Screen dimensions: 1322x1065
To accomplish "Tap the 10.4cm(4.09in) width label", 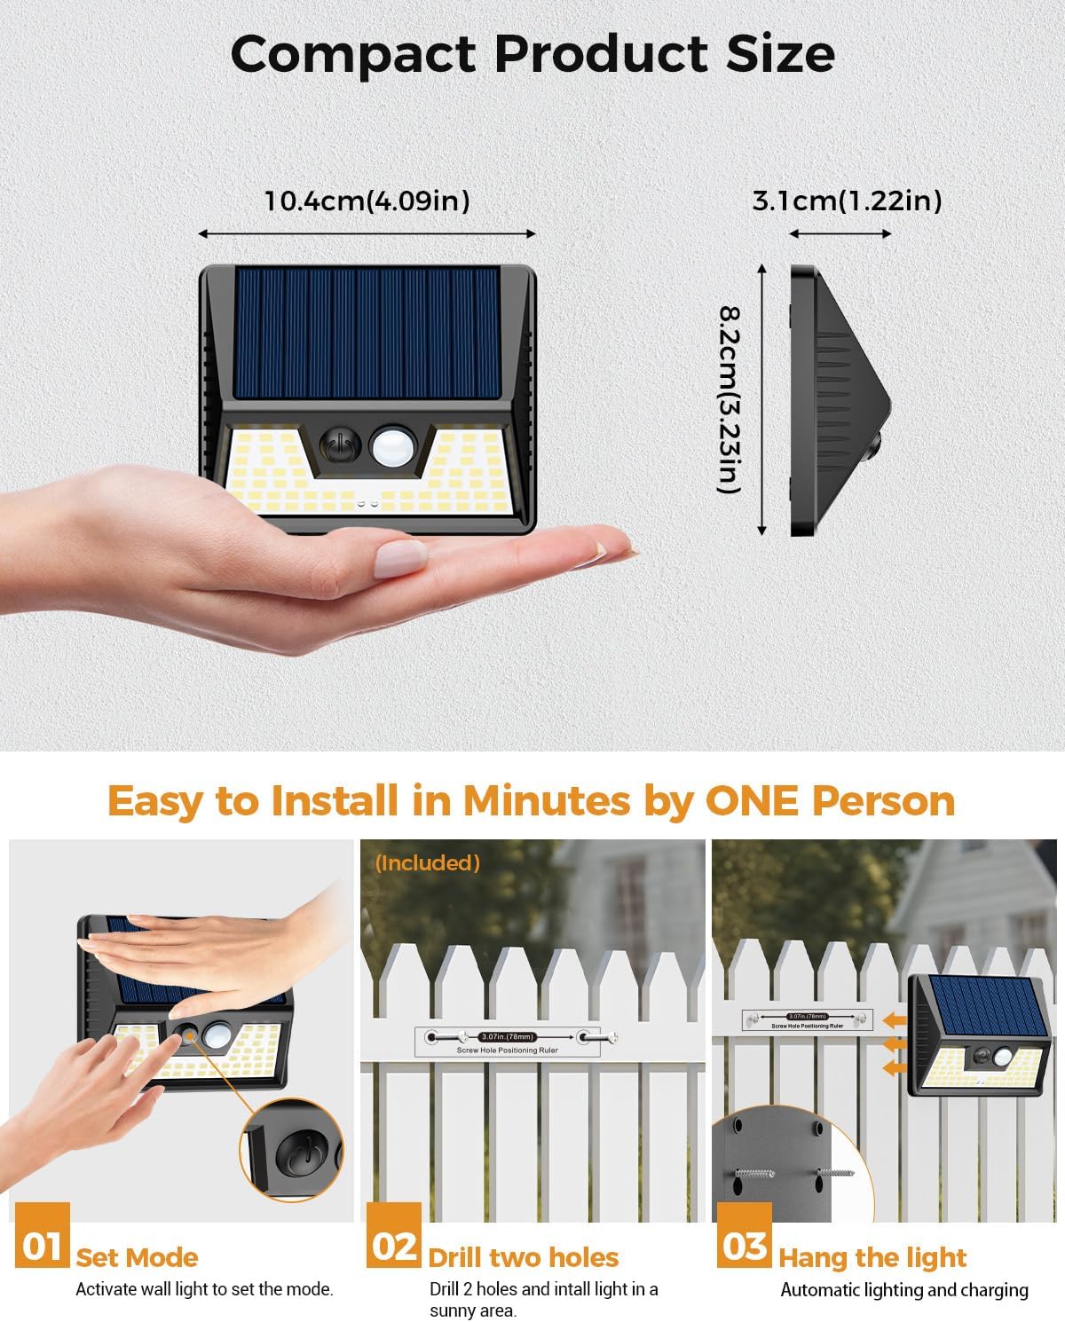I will (x=367, y=201).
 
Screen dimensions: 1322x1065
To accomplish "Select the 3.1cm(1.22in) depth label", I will (x=847, y=201).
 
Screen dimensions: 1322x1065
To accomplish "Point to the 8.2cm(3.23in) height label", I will (x=730, y=399).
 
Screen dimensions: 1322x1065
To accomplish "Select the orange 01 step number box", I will (x=42, y=1246).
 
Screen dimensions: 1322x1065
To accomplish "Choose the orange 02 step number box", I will (x=394, y=1246).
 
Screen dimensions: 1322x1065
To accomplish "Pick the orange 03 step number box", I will (x=744, y=1246).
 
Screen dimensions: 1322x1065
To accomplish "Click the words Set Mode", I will (x=137, y=1257).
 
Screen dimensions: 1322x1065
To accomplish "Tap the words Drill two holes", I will (x=523, y=1257).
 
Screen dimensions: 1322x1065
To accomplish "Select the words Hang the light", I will (x=872, y=1257).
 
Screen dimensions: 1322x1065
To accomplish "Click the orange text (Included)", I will (x=428, y=862).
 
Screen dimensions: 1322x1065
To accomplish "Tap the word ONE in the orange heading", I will (x=753, y=800).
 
